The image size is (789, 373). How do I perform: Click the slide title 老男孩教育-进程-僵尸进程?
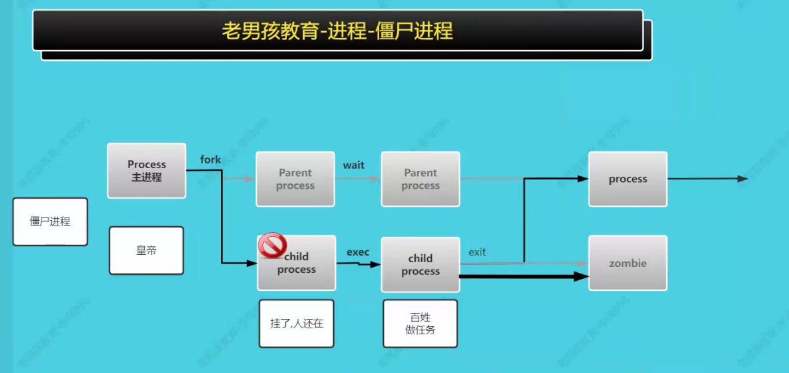point(337,31)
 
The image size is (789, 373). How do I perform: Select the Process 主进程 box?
point(147,171)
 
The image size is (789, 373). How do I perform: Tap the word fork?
point(210,159)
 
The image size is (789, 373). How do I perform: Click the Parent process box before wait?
point(295,179)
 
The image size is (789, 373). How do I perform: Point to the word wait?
point(354,165)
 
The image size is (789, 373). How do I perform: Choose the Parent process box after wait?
point(421,179)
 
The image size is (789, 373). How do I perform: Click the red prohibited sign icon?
point(272,246)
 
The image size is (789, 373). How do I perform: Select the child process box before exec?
point(297,263)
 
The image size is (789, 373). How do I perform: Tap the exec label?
point(358,252)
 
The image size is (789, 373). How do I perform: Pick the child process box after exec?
point(421,264)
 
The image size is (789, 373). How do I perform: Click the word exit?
point(477,252)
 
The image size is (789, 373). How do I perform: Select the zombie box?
point(627,263)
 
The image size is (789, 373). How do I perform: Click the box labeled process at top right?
point(627,179)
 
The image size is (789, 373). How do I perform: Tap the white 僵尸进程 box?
point(50,222)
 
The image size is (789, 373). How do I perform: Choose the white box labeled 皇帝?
point(146,251)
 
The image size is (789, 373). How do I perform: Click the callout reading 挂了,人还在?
point(296,324)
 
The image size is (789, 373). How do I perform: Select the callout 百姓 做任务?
point(420,324)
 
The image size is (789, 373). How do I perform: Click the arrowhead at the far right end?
point(742,179)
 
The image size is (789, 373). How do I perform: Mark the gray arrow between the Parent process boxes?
point(357,179)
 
